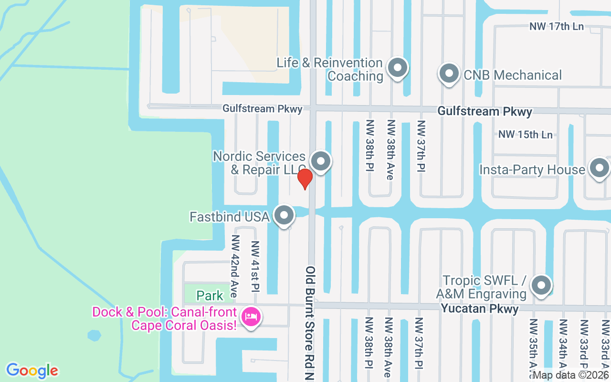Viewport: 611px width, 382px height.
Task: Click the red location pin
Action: [305, 179]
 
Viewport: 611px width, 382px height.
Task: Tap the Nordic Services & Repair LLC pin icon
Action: [321, 161]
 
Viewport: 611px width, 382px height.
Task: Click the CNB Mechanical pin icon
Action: [449, 74]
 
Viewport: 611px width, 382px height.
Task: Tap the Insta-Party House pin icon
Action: [599, 169]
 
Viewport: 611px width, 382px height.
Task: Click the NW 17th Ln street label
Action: [556, 26]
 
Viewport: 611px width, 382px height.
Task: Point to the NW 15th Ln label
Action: [525, 135]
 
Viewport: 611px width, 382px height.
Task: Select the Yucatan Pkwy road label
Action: [479, 309]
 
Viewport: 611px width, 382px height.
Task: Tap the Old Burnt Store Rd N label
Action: [310, 324]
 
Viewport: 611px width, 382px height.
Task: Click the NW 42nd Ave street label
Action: [234, 266]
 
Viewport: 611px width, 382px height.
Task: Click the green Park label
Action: [210, 296]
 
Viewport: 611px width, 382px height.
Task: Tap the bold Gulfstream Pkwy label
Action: [485, 112]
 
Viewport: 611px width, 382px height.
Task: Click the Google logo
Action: [32, 371]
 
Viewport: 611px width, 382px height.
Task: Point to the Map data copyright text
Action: [571, 375]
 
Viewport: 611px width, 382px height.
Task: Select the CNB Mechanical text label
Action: [513, 75]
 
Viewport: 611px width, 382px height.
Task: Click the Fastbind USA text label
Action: [230, 217]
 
